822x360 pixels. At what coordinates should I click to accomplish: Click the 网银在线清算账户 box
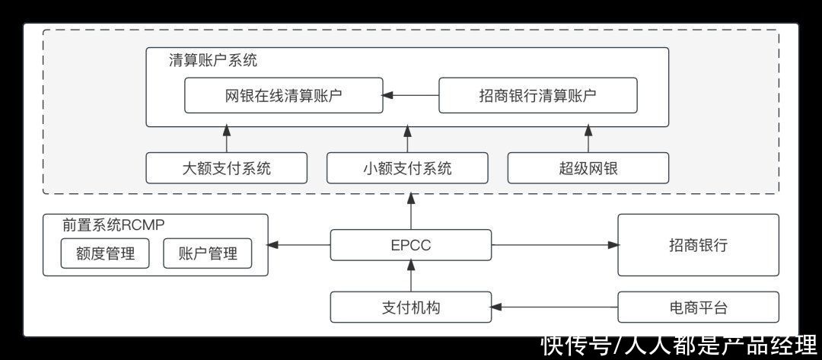coord(284,95)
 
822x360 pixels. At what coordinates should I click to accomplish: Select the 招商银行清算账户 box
coord(537,95)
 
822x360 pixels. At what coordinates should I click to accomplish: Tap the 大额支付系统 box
coord(226,168)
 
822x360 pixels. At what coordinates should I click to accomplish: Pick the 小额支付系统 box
coord(407,168)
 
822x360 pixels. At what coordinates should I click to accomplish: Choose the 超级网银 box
coord(588,168)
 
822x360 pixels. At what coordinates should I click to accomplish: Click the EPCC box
coord(411,245)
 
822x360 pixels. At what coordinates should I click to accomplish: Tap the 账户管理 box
coord(207,253)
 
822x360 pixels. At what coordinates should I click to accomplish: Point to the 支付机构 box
coord(411,307)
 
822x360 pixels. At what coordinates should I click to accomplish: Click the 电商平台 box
coord(698,307)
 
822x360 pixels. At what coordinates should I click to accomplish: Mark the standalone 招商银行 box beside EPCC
coord(698,245)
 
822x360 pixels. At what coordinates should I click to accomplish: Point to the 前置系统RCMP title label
coord(114,225)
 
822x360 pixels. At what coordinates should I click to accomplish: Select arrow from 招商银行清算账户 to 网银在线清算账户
coord(411,95)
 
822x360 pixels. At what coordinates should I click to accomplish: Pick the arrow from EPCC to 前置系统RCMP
coord(299,245)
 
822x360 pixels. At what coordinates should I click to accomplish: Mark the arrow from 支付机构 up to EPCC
coord(411,276)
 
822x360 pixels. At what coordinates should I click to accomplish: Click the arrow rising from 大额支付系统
coord(226,139)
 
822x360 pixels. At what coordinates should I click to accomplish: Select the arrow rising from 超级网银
coord(588,139)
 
